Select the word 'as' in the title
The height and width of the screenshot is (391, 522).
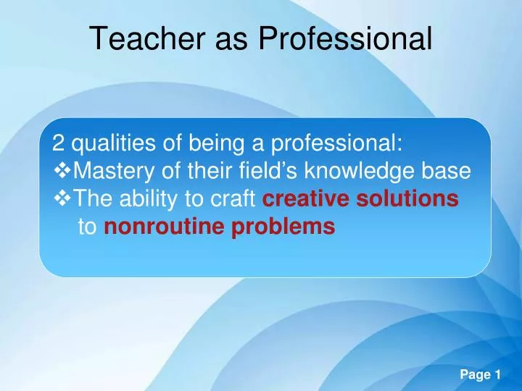[231, 41]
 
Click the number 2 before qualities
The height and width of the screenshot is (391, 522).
[58, 143]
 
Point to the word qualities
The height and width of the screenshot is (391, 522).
[114, 143]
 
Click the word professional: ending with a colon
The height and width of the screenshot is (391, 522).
[336, 143]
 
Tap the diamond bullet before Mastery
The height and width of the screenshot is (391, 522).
[62, 171]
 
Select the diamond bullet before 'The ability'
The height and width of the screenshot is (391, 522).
[62, 198]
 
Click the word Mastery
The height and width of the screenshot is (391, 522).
[114, 171]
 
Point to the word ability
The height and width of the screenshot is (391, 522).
[148, 199]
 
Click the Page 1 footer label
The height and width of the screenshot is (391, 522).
[481, 375]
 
